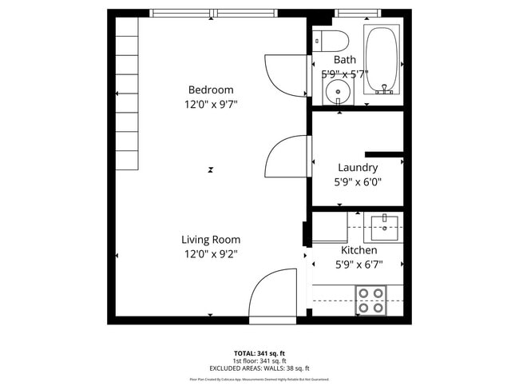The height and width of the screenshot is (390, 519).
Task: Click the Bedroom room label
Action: pos(211,90)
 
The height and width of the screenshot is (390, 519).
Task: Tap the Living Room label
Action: pos(211,239)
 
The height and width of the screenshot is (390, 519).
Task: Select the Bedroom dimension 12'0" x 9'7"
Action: pos(211,104)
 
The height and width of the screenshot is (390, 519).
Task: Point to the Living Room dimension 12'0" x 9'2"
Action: pos(211,253)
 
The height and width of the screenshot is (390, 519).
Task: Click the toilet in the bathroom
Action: pos(329,39)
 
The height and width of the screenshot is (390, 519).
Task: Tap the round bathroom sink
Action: pos(339,91)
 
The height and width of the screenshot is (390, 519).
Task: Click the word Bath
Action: pos(345,59)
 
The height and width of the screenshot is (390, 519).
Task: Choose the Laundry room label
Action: pos(358,167)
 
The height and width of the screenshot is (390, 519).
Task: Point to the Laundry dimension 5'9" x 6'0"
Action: pos(358,181)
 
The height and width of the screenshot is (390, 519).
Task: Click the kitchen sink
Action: pos(385,225)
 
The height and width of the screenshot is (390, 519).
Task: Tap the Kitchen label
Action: pos(359,250)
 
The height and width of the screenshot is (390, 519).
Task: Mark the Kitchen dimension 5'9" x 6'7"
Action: pos(359,265)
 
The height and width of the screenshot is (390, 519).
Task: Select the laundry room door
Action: pos(287,155)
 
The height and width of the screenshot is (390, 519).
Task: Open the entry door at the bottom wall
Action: pos(272,300)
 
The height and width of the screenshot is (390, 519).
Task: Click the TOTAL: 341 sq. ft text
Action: pos(259,353)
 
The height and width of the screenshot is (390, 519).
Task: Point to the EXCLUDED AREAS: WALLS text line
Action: pos(259,368)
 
